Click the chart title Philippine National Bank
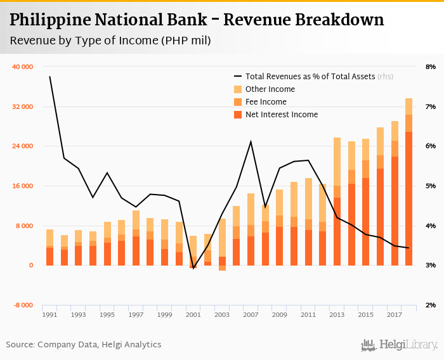tap(197, 20)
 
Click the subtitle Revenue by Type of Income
tap(110, 41)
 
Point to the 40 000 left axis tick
tap(23, 67)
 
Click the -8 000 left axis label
tap(25, 305)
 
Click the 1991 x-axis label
tap(49, 314)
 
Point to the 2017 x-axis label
tap(395, 314)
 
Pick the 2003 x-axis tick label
tap(222, 314)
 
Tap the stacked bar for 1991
tap(49, 247)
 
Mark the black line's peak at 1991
tap(49, 77)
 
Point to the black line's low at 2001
tap(193, 269)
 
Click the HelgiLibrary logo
tap(400, 345)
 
